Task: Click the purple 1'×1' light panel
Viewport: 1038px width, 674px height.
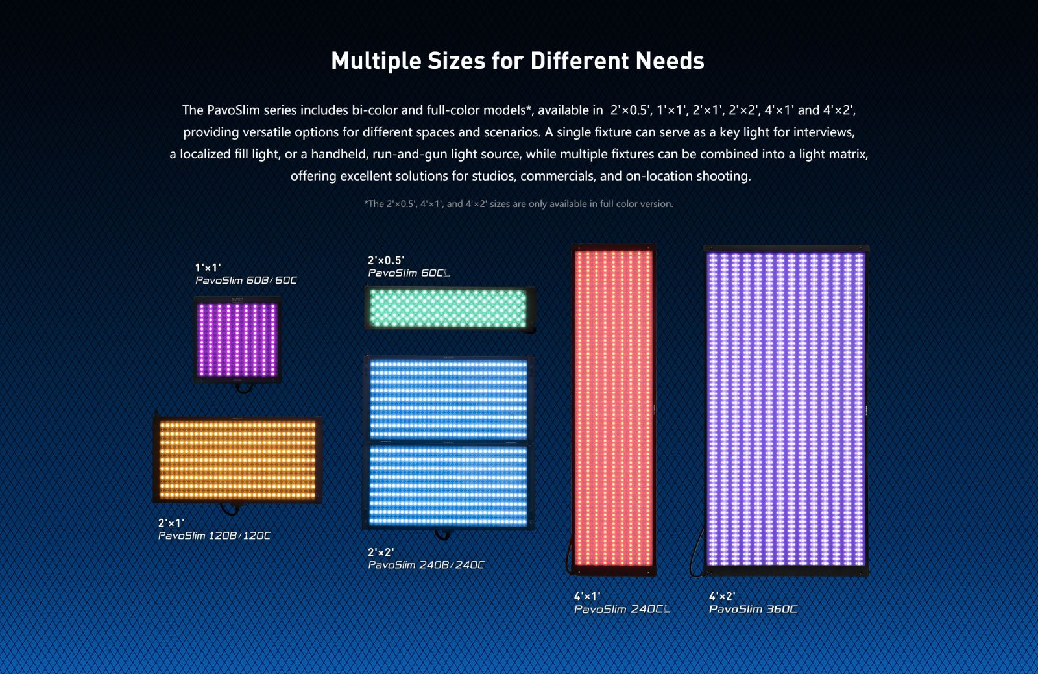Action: pos(237,339)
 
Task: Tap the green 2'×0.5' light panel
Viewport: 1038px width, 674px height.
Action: pos(448,308)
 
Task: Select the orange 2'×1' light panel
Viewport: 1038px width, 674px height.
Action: pos(237,460)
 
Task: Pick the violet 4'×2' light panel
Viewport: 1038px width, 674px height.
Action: pos(786,408)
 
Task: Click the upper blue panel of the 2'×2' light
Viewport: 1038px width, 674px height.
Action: pos(448,399)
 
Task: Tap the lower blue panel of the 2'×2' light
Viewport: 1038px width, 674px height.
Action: pos(448,486)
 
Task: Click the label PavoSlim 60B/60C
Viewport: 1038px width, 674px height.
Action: pos(246,281)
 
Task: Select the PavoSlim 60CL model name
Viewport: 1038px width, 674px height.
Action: pos(409,273)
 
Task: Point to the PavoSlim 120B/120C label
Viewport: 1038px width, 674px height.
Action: pos(214,536)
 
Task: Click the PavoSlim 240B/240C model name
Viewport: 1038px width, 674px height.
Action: pos(426,565)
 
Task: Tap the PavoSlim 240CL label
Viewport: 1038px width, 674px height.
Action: pos(622,609)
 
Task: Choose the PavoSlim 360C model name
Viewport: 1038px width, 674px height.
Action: pos(753,609)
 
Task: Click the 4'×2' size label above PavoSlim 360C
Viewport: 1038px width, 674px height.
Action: pos(722,596)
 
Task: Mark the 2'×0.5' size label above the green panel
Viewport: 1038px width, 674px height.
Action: pos(386,260)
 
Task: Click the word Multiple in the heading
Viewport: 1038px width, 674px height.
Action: pos(376,61)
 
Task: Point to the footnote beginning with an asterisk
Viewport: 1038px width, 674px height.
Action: pos(518,204)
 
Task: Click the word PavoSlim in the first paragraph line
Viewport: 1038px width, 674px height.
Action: pos(234,110)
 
